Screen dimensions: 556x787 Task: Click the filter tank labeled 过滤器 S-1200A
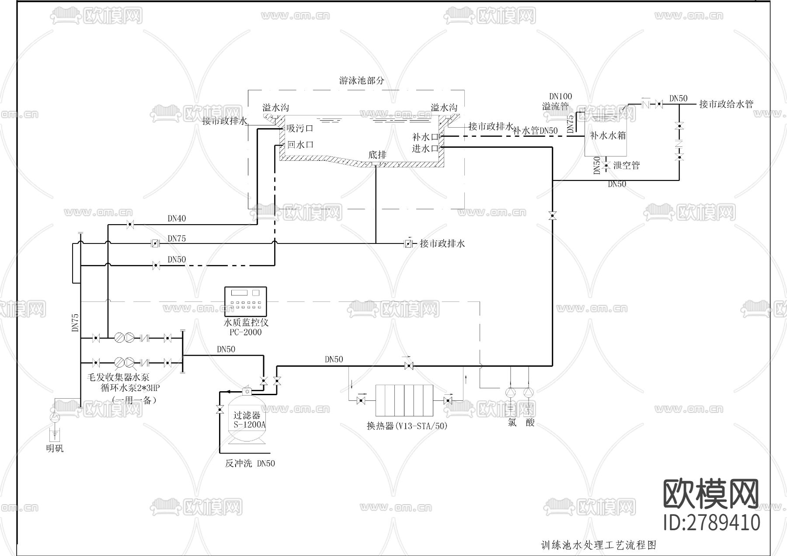pos(247,417)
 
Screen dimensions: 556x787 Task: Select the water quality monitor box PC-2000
pos(245,301)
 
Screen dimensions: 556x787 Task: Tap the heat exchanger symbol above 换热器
pos(404,400)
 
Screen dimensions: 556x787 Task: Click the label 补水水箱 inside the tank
pos(608,136)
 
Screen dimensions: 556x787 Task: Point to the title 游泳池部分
pos(362,80)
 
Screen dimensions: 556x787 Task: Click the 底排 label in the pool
pos(377,155)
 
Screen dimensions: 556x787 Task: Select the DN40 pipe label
pos(177,218)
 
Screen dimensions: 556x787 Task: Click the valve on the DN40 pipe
pos(129,225)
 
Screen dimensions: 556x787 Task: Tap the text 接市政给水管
pos(726,104)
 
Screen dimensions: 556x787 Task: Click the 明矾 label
pos(55,448)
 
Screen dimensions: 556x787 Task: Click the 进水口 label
pos(425,149)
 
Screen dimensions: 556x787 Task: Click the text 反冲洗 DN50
pos(250,464)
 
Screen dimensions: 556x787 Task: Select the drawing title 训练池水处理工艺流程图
pos(599,545)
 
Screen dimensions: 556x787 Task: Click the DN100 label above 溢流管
pos(560,97)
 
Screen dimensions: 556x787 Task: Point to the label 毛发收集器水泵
pos(118,377)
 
